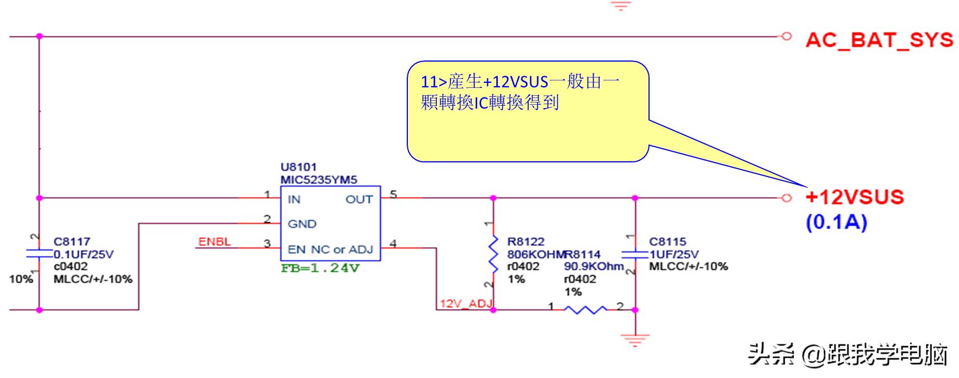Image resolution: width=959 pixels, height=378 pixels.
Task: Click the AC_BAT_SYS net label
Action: click(879, 40)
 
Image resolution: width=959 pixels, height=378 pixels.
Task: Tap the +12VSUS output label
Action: click(854, 197)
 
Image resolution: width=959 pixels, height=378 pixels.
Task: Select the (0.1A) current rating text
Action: click(836, 222)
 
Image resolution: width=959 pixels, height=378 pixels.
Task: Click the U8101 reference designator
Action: click(298, 167)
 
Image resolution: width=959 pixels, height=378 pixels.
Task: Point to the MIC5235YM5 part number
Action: click(318, 180)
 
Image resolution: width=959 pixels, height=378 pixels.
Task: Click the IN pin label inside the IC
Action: click(294, 199)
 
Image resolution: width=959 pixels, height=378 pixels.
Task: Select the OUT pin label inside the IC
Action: click(359, 199)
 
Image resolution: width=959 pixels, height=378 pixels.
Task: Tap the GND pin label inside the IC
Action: click(302, 224)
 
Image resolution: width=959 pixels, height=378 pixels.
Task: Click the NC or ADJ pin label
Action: click(341, 249)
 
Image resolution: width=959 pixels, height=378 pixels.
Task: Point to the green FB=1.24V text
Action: click(320, 268)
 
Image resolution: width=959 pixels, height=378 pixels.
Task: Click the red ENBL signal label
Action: click(214, 242)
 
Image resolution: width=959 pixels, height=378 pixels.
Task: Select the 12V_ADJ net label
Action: click(466, 304)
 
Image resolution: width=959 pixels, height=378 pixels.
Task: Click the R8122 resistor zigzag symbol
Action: click(493, 253)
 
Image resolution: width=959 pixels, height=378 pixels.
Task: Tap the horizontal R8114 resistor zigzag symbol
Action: click(584, 309)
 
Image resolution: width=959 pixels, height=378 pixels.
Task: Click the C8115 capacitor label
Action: click(667, 241)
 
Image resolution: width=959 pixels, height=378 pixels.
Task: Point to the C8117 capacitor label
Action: click(72, 241)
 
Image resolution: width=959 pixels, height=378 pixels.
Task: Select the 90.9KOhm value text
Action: click(593, 267)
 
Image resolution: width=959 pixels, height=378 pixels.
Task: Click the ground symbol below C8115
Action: click(635, 339)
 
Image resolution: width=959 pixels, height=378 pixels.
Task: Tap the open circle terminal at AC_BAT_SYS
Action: click(786, 36)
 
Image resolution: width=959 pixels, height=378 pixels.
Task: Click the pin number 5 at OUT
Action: click(393, 194)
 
